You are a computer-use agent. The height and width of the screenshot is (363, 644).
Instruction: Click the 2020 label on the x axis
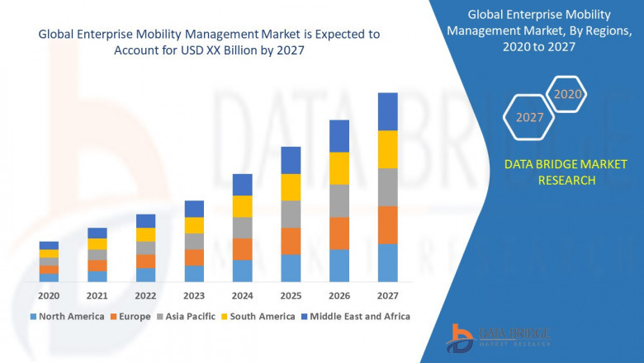49,295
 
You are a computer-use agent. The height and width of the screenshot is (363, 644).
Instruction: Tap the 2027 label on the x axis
387,295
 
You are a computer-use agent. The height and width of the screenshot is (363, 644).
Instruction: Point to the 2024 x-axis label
242,295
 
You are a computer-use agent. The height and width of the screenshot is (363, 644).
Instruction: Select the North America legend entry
67,316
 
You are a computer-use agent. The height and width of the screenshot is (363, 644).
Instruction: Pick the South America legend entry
260,316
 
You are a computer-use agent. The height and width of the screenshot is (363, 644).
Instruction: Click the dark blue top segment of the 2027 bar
387,111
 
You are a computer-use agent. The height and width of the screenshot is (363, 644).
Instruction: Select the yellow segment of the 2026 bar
339,168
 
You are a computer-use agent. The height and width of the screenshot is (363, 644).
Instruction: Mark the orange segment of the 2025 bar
291,241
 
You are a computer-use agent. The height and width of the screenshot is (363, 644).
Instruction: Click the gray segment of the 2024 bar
242,228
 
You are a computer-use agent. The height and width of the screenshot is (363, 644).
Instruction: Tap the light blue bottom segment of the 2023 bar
194,274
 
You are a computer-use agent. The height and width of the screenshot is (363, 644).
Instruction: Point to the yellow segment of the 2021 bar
97,243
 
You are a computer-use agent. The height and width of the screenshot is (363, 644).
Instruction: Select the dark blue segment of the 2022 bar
145,220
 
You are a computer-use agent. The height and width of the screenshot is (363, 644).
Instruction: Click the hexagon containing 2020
567,95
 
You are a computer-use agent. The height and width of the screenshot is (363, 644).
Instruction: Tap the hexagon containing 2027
530,117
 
